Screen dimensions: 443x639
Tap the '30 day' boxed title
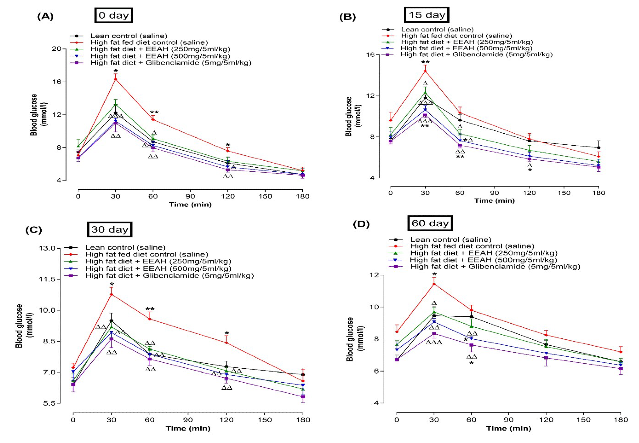coord(110,229)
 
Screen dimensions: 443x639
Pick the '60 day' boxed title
coord(430,223)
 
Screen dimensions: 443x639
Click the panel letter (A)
coord(45,17)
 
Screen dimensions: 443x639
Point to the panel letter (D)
coord(361,224)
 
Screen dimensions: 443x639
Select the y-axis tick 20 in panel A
coord(57,49)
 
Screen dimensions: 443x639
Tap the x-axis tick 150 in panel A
coord(265,196)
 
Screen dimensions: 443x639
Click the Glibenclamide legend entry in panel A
coord(171,63)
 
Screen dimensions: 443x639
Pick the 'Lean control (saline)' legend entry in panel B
coord(437,29)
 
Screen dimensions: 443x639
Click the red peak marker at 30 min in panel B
coord(425,71)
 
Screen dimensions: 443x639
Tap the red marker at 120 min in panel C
coord(227,343)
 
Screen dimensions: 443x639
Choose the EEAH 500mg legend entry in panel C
coord(158,268)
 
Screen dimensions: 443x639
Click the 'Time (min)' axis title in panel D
coord(509,428)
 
